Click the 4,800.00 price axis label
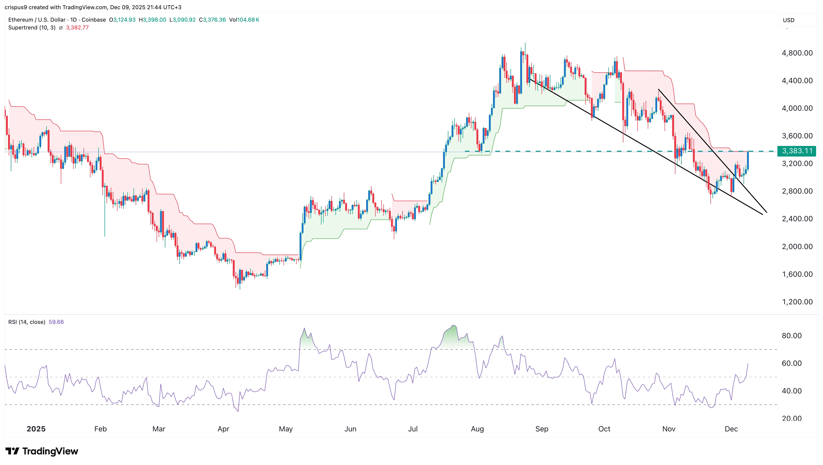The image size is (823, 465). pyautogui.click(x=797, y=53)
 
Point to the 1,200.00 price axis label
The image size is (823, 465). pyautogui.click(x=797, y=302)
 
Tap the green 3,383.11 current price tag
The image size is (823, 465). pyautogui.click(x=797, y=151)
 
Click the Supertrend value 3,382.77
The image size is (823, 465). pyautogui.click(x=77, y=28)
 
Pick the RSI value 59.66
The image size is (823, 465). pyautogui.click(x=56, y=322)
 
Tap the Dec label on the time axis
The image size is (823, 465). pyautogui.click(x=731, y=429)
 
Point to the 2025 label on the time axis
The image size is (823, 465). pyautogui.click(x=36, y=429)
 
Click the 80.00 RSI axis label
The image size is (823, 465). pyautogui.click(x=791, y=336)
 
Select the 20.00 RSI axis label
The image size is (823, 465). pyautogui.click(x=791, y=418)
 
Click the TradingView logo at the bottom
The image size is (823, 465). pyautogui.click(x=42, y=451)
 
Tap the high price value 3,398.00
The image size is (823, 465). pyautogui.click(x=154, y=20)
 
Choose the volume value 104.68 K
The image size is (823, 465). pyautogui.click(x=248, y=20)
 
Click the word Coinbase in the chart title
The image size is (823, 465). pyautogui.click(x=94, y=20)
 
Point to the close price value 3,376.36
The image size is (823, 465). pyautogui.click(x=214, y=20)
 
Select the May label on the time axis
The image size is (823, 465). pyautogui.click(x=286, y=429)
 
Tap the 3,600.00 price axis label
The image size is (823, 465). pyautogui.click(x=797, y=136)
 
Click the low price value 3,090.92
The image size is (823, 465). pyautogui.click(x=184, y=20)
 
